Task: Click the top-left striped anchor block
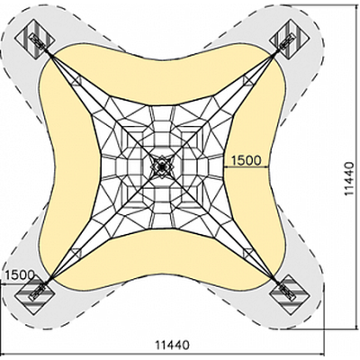(x=34, y=39)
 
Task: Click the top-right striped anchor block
(x=290, y=39)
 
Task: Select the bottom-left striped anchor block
(x=34, y=294)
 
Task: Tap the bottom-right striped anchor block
(x=290, y=294)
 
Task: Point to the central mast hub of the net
(x=162, y=166)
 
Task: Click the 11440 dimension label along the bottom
(x=172, y=345)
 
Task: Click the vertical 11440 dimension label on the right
(x=349, y=179)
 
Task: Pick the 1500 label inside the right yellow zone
(x=246, y=160)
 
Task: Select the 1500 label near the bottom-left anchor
(x=20, y=274)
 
